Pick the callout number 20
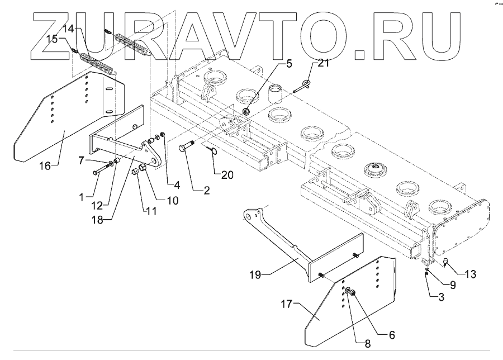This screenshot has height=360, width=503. point(226,174)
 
